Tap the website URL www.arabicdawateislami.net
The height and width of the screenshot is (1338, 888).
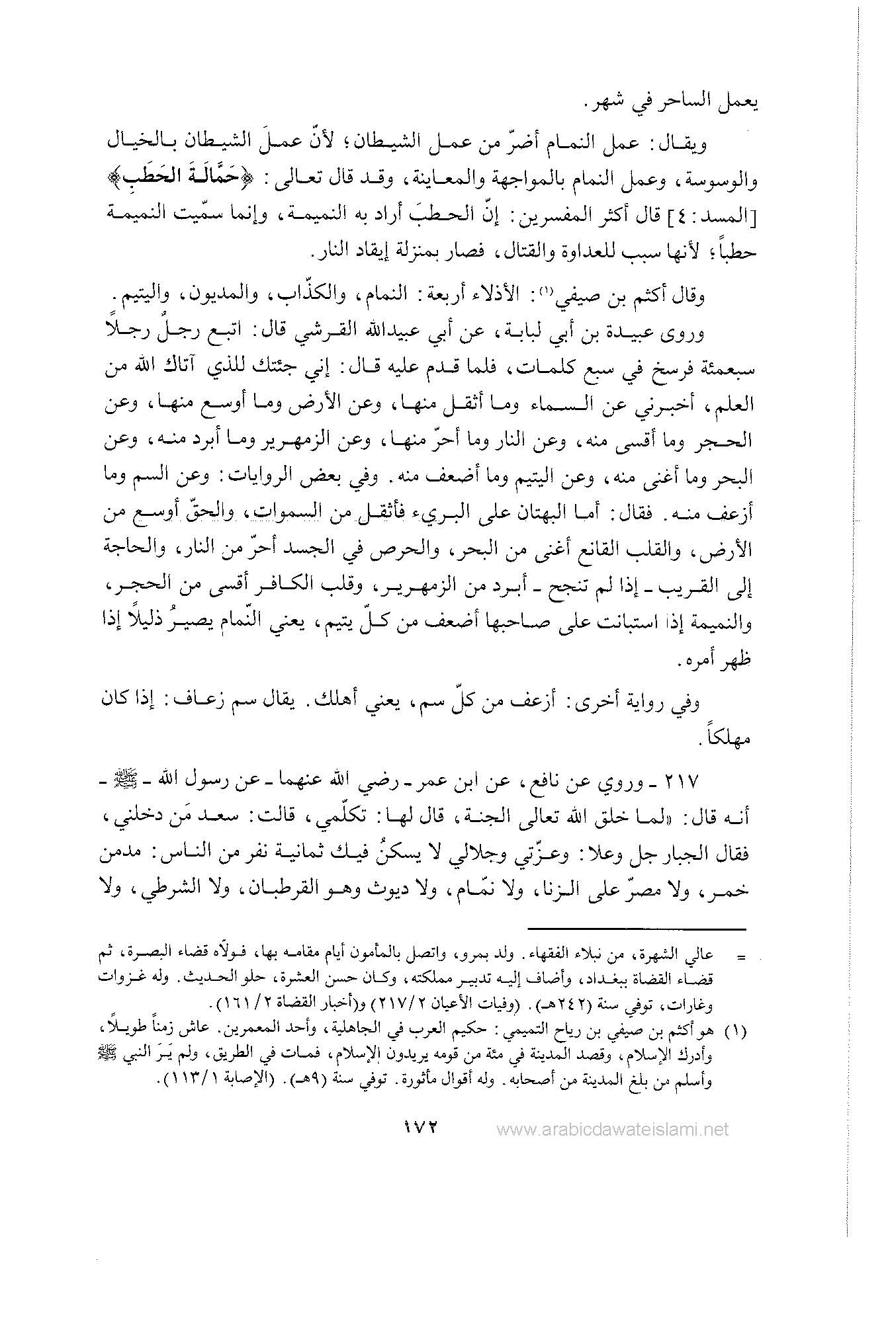tap(612, 1129)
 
